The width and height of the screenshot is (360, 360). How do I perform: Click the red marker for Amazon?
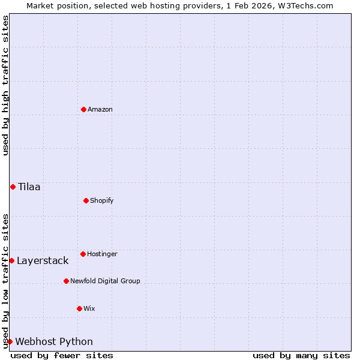pyautogui.click(x=83, y=109)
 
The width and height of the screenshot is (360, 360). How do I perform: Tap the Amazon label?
pyautogui.click(x=100, y=109)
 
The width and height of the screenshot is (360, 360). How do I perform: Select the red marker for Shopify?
pyautogui.click(x=86, y=200)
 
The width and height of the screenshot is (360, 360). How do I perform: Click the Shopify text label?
pyautogui.click(x=102, y=200)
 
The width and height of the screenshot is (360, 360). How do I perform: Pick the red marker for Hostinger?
pyautogui.click(x=83, y=254)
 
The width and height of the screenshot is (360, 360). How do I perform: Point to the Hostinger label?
pyautogui.click(x=102, y=254)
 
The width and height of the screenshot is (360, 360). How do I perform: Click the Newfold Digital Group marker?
pyautogui.click(x=66, y=281)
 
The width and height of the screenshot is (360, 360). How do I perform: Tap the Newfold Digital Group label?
pyautogui.click(x=105, y=281)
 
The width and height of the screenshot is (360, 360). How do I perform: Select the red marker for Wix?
pyautogui.click(x=79, y=308)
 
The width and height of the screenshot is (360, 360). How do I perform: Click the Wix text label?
pyautogui.click(x=89, y=308)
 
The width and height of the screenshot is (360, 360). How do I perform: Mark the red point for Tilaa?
pyautogui.click(x=13, y=187)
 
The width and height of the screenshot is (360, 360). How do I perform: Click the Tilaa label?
pyautogui.click(x=29, y=187)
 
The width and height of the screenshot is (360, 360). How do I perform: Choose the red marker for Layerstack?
pyautogui.click(x=11, y=260)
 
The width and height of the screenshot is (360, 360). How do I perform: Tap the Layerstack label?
pyautogui.click(x=43, y=260)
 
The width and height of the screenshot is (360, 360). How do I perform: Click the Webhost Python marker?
pyautogui.click(x=10, y=341)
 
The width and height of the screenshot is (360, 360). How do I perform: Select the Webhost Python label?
pyautogui.click(x=54, y=341)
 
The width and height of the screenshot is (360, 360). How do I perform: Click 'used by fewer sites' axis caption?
pyautogui.click(x=62, y=355)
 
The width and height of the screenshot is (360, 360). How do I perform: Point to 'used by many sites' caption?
pyautogui.click(x=301, y=355)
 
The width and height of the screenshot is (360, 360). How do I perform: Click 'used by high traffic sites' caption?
pyautogui.click(x=5, y=85)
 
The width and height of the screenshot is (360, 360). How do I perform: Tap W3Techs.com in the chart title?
pyautogui.click(x=305, y=5)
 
